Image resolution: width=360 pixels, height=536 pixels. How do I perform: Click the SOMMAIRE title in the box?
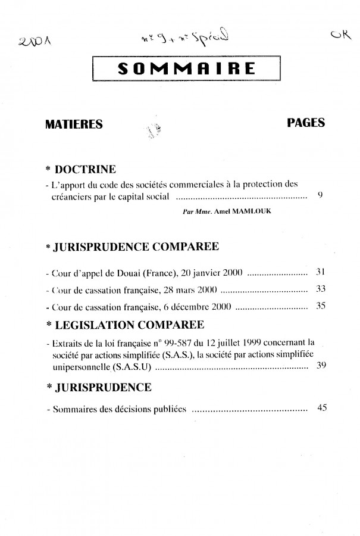[x=187, y=70]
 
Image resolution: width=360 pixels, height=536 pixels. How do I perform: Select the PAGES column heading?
[x=305, y=123]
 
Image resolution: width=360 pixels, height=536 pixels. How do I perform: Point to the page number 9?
[x=320, y=195]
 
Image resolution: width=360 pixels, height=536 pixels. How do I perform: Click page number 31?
[x=320, y=273]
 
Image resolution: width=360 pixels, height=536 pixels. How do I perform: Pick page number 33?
[x=320, y=290]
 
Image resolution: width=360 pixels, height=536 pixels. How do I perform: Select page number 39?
[x=320, y=365]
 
